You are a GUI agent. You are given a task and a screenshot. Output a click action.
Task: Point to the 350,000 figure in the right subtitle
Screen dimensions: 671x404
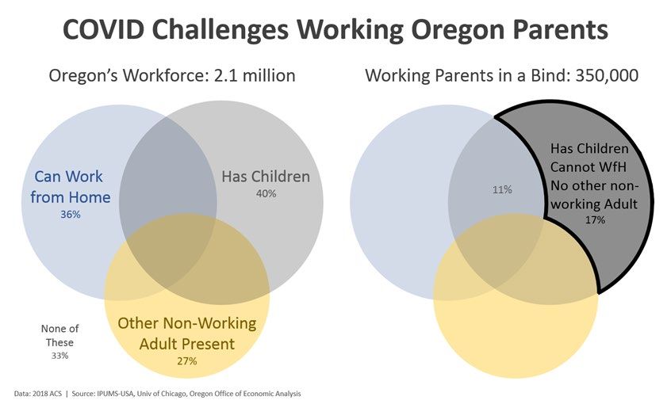tap(607, 75)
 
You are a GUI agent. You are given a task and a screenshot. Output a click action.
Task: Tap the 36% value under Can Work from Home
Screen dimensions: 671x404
tap(70, 214)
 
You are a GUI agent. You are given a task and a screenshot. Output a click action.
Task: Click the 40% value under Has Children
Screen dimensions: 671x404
tap(266, 193)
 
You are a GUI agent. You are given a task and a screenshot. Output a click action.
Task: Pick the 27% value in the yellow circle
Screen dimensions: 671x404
tap(187, 361)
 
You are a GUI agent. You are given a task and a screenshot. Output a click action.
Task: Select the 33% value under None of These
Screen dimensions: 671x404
tap(59, 356)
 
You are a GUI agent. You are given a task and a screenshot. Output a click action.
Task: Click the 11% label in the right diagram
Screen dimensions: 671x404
tap(502, 189)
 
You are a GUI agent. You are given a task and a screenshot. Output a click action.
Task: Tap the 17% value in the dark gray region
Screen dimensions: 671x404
tap(595, 219)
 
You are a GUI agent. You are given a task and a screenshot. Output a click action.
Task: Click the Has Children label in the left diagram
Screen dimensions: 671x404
tap(266, 176)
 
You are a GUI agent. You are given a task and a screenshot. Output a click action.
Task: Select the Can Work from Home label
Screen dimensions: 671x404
tap(70, 187)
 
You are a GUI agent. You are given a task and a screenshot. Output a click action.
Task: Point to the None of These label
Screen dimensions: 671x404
tap(59, 335)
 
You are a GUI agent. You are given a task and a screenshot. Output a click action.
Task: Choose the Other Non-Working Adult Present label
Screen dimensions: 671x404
tap(187, 333)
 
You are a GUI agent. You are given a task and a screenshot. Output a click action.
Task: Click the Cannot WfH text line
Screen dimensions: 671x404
tap(588, 166)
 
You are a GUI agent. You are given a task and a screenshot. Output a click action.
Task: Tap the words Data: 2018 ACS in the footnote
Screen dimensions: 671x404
tap(37, 394)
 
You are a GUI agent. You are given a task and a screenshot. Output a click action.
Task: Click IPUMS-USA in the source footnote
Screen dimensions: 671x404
tap(115, 394)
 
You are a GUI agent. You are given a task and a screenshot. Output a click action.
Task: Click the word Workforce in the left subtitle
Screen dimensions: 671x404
tap(159, 75)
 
